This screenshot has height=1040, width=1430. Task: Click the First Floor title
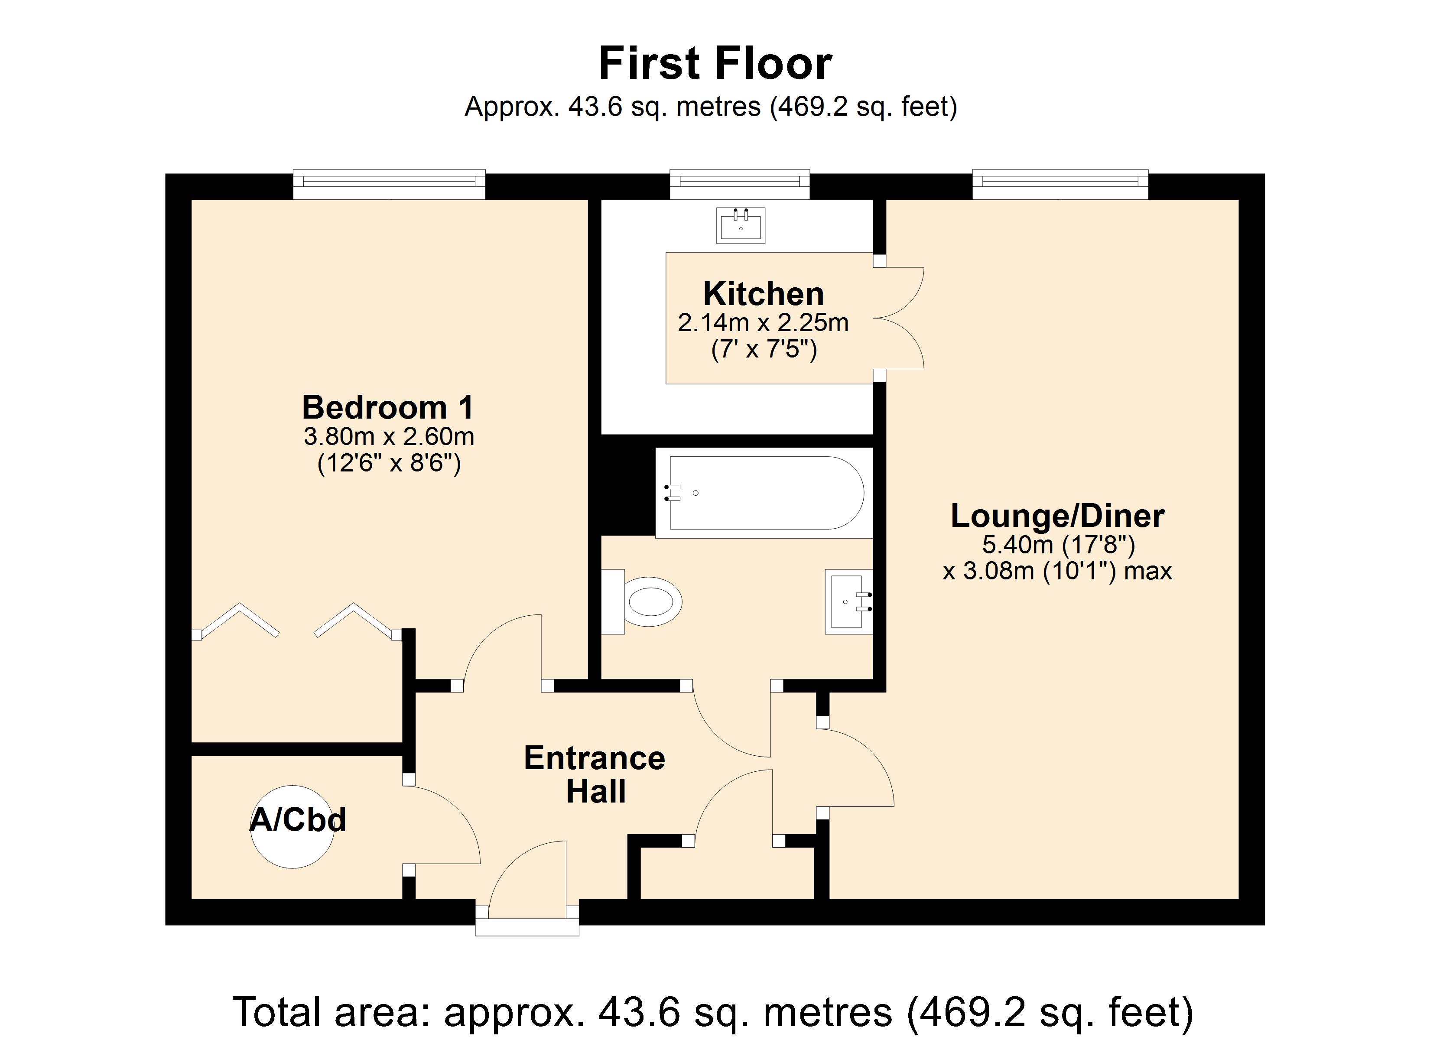click(715, 64)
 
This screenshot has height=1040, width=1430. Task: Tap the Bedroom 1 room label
click(388, 407)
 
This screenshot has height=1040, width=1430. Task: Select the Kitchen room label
click(764, 294)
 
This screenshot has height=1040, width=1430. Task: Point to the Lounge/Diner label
click(1057, 517)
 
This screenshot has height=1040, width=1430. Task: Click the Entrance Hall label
click(595, 774)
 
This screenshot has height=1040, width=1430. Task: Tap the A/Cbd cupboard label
click(298, 820)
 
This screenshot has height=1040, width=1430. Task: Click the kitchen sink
click(740, 225)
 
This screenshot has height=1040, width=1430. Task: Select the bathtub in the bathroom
click(764, 493)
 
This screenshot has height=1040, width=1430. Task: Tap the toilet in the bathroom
click(642, 601)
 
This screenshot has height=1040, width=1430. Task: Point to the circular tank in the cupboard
click(292, 827)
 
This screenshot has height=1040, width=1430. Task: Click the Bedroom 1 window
click(389, 184)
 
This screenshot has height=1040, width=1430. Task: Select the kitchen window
click(740, 184)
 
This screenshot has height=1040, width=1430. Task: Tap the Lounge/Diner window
click(1060, 184)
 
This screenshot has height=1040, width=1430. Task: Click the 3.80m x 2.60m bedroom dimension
click(388, 436)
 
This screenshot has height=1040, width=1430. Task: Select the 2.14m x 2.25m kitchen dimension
click(763, 323)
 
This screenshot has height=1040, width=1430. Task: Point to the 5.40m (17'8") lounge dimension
click(1058, 544)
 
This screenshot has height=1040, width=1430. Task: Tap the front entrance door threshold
click(527, 927)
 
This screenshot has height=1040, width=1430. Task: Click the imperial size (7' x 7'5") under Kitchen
click(764, 349)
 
